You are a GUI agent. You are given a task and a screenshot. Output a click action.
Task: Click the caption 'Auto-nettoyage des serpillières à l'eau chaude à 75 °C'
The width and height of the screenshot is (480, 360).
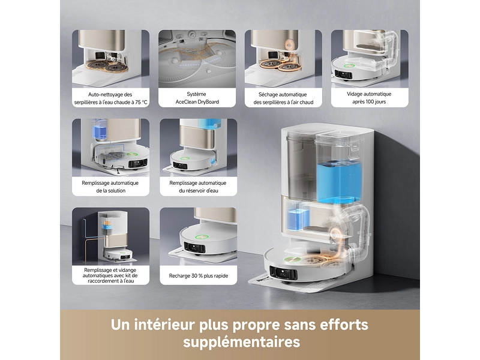(111, 98)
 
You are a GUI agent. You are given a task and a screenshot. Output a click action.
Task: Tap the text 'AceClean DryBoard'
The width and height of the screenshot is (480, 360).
(197, 102)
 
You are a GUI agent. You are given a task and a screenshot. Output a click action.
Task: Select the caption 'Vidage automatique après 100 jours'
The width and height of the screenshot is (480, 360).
(369, 98)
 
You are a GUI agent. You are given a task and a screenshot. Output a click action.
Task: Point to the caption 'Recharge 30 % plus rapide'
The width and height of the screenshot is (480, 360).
(199, 276)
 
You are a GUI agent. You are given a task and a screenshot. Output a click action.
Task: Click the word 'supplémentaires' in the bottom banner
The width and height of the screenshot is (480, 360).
(242, 341)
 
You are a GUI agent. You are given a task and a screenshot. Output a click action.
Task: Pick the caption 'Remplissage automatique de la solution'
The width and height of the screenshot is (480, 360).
(110, 187)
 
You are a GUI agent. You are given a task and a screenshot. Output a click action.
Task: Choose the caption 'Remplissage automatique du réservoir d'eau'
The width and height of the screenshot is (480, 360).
(198, 187)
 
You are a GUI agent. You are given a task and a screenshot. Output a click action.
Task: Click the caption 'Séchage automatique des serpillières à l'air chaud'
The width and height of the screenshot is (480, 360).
(283, 98)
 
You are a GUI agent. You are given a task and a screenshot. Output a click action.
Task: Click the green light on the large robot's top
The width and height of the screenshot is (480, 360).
(291, 259)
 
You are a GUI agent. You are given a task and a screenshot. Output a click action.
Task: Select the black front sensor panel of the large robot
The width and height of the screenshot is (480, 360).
(283, 273)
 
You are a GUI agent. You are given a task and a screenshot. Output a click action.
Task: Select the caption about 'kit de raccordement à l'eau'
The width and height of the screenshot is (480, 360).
(110, 275)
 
